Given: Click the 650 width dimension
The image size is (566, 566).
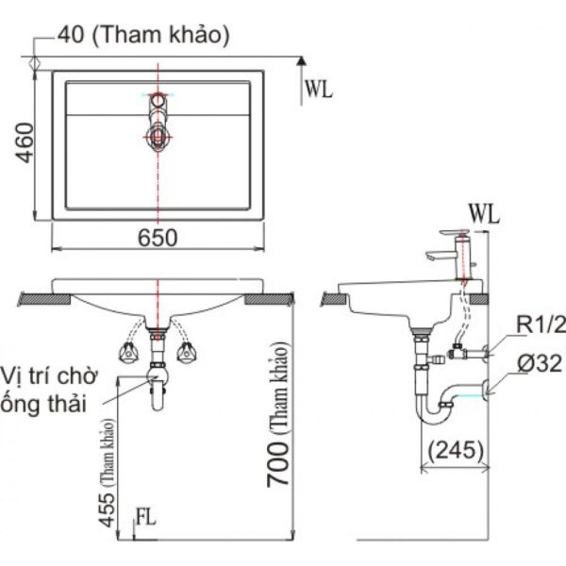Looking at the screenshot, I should tap(158, 239).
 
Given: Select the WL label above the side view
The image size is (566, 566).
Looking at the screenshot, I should tap(483, 214).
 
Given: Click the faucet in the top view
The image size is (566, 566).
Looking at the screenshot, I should tap(158, 123).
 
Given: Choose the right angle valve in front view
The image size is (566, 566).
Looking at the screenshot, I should tap(185, 354).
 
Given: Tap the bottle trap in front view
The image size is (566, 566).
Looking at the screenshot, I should tap(157, 382).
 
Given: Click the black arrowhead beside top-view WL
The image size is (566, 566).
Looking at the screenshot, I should tap(301, 62).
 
